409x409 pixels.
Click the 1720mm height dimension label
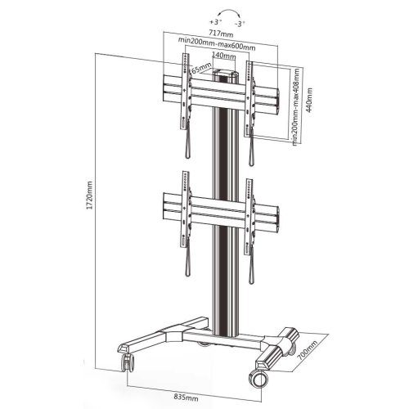pos(90,196)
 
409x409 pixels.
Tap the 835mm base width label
pos(186,397)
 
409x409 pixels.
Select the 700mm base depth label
pos(308,350)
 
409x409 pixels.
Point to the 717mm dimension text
pos(221,34)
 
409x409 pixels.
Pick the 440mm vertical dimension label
pos(309,100)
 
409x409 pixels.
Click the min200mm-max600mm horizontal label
pos(217,44)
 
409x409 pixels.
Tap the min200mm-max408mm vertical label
pos(296,106)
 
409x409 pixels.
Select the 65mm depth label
pos(201,68)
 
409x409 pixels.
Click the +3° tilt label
pos(215,21)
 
